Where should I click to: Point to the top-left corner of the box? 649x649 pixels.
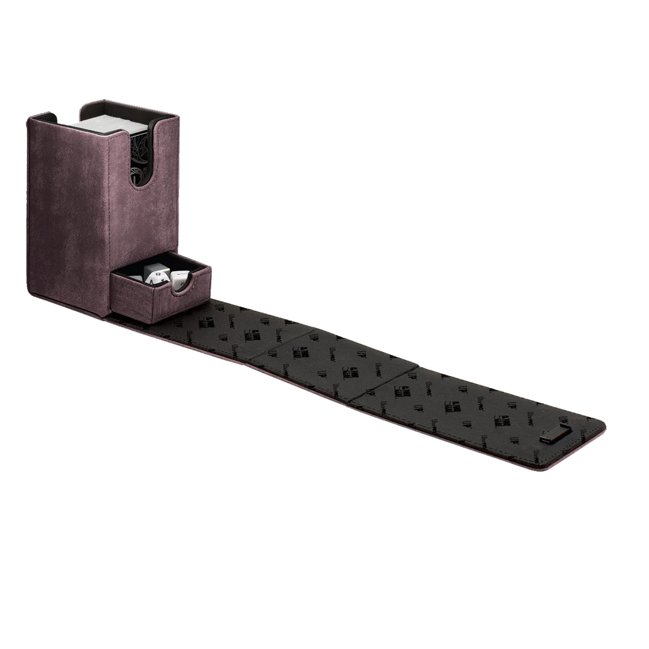(x=28, y=118)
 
